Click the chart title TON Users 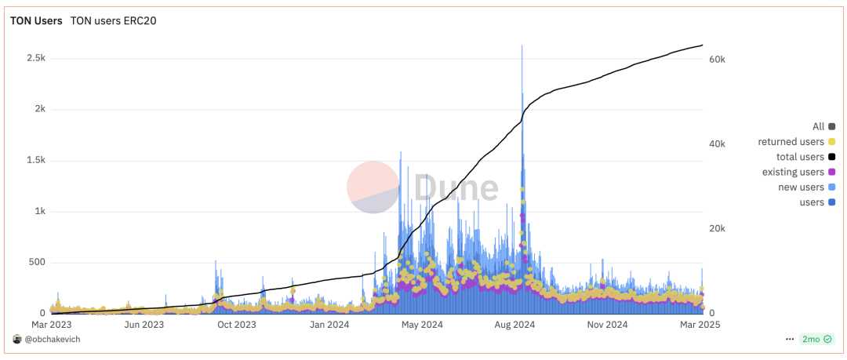35,21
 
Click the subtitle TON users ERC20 114,21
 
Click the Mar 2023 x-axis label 51,324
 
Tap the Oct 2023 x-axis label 237,324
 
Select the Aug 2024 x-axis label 515,324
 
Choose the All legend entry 823,126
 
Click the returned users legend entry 796,142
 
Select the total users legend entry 805,157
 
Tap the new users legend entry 805,187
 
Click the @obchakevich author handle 52,339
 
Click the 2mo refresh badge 815,339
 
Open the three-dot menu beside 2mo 789,339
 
